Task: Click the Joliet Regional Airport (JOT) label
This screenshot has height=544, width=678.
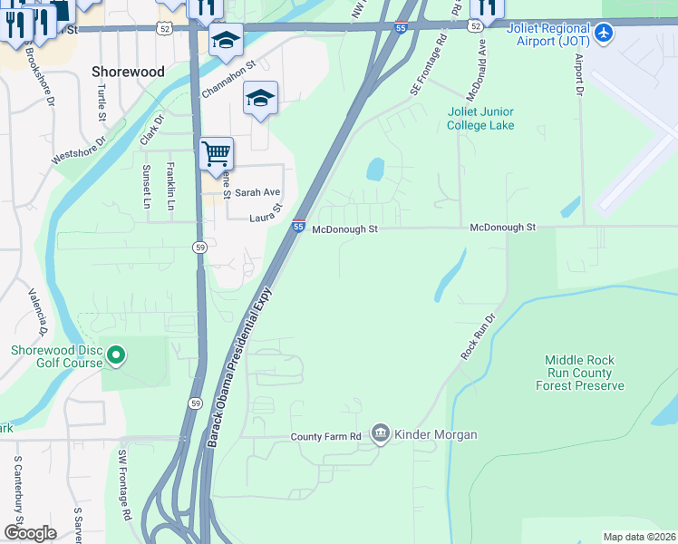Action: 547,34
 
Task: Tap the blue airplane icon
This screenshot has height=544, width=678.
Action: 605,34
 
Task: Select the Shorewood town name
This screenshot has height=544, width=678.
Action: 128,71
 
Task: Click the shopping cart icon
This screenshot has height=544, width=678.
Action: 216,152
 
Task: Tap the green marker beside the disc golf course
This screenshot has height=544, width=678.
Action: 115,356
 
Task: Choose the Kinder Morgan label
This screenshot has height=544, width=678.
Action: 435,435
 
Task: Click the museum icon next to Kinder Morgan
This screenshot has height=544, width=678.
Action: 380,435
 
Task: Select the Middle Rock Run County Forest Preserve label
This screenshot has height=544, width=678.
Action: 585,373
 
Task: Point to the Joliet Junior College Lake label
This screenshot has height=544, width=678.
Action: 480,119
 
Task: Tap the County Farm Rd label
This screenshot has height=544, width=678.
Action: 326,437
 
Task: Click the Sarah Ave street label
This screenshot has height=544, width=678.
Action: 257,192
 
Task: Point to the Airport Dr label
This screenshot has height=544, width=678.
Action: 577,73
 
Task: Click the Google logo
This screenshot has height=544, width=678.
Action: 30,532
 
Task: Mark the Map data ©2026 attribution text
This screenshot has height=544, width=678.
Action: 639,537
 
